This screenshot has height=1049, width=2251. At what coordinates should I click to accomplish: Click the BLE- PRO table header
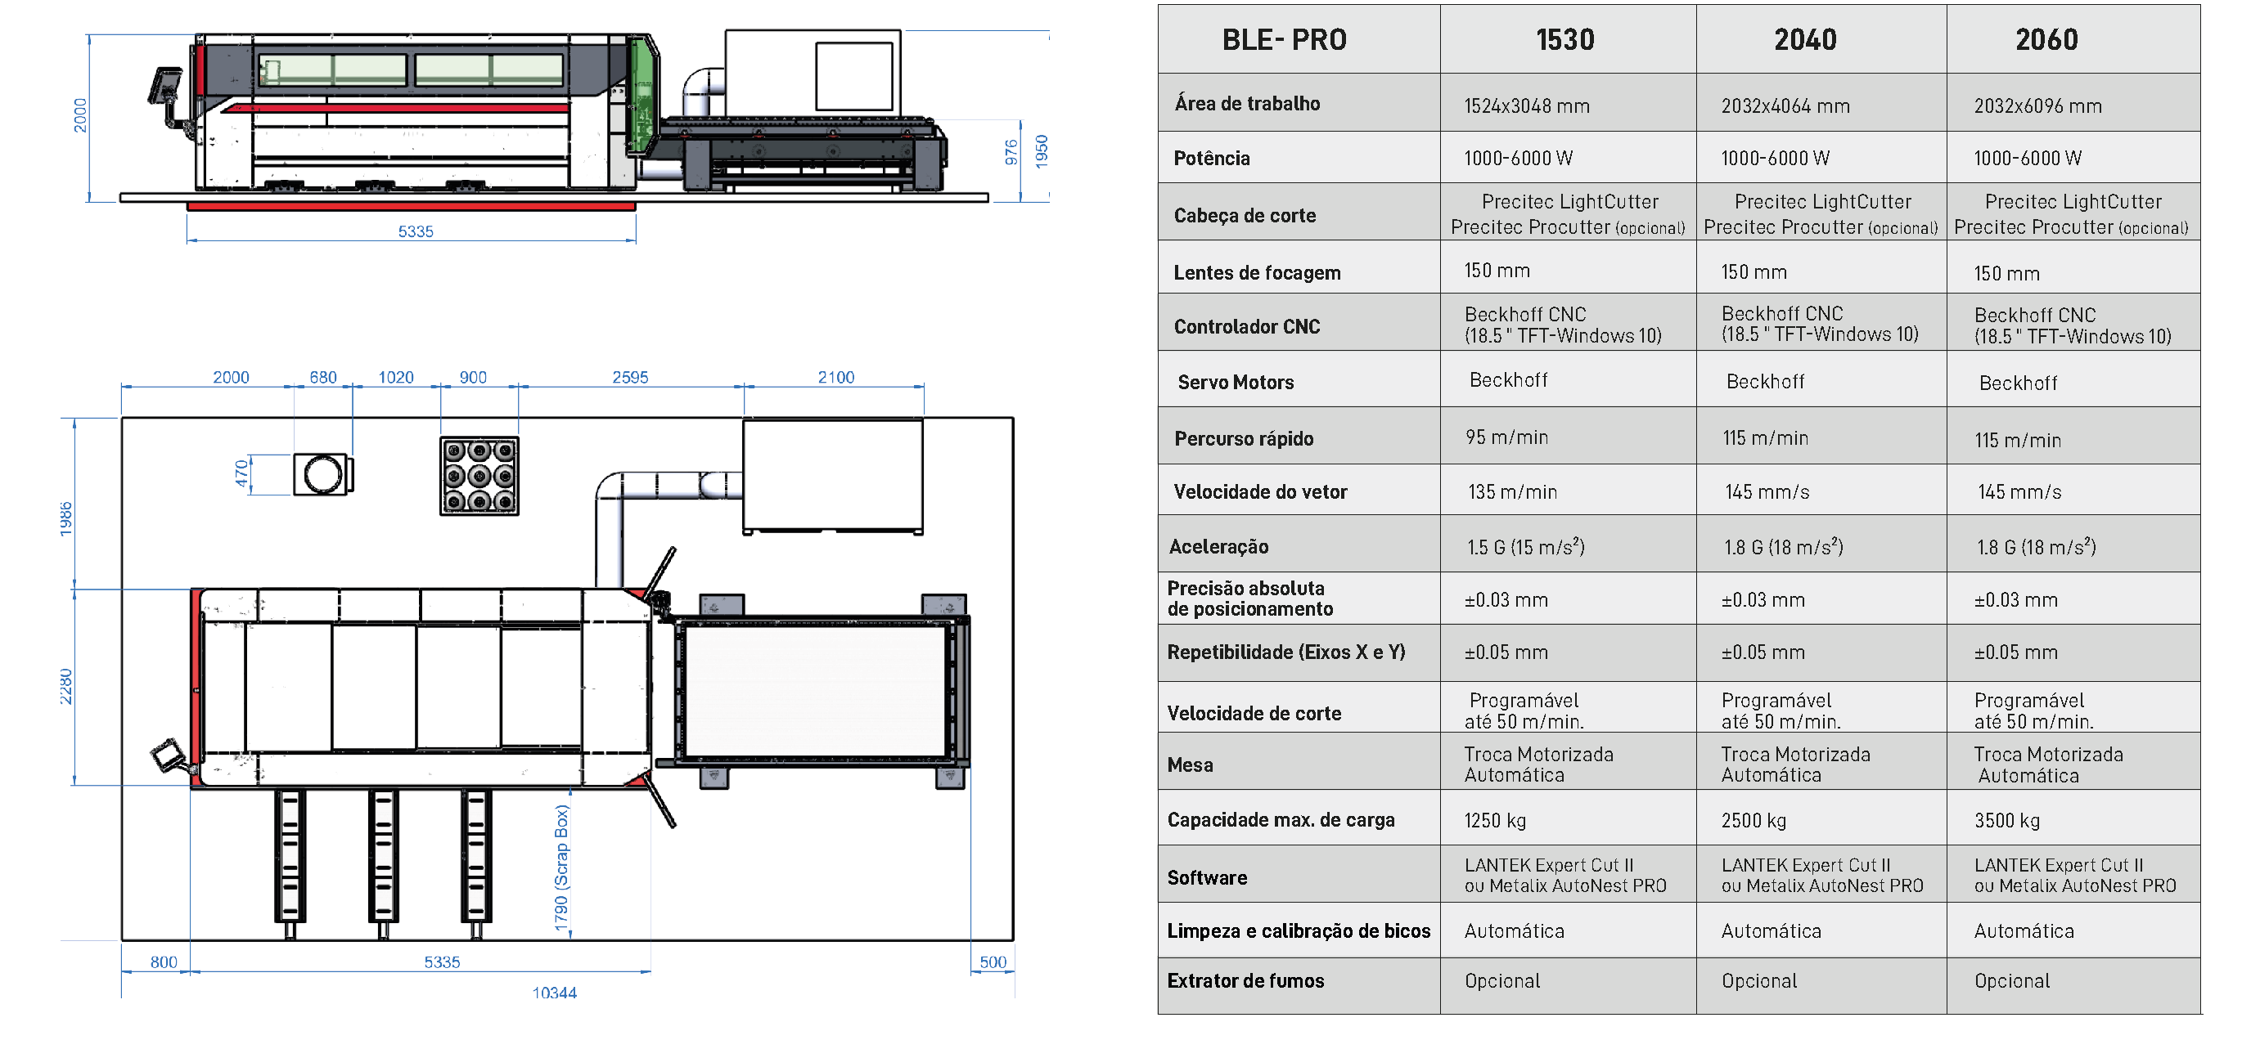1284,40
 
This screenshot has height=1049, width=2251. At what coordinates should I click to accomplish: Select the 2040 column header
1805,40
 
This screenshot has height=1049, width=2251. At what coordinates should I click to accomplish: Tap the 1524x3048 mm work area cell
1527,106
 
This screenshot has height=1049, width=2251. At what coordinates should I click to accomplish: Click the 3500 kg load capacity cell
2007,821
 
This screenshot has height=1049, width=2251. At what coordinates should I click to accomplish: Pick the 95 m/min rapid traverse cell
1506,437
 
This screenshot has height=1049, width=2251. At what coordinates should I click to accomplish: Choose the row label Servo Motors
1236,383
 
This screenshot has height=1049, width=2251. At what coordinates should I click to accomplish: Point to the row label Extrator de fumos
1245,981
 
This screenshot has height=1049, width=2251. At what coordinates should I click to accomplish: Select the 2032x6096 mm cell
2037,106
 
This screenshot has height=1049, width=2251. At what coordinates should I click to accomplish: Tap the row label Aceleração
1218,547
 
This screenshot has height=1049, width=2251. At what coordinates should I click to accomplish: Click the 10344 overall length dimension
554,993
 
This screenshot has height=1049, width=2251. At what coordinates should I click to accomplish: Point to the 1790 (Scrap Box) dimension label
561,867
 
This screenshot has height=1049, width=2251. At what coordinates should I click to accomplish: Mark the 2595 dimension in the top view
630,377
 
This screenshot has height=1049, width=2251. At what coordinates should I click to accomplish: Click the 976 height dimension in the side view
1011,152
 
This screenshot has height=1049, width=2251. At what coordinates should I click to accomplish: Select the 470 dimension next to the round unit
241,474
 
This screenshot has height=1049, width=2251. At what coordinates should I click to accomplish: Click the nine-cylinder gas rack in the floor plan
479,476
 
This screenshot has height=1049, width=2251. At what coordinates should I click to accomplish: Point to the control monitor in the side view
164,88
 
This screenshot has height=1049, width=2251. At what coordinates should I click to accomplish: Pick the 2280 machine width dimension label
65,687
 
